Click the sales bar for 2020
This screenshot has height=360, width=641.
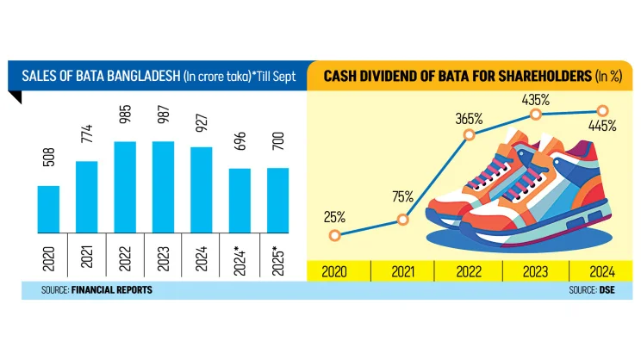(48, 209)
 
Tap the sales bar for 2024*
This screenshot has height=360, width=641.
(239, 201)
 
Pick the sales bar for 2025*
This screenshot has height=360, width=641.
(277, 201)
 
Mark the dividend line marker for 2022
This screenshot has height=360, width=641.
(470, 135)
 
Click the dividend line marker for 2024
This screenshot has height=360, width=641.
(602, 110)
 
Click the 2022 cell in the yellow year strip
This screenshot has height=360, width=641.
(470, 271)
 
